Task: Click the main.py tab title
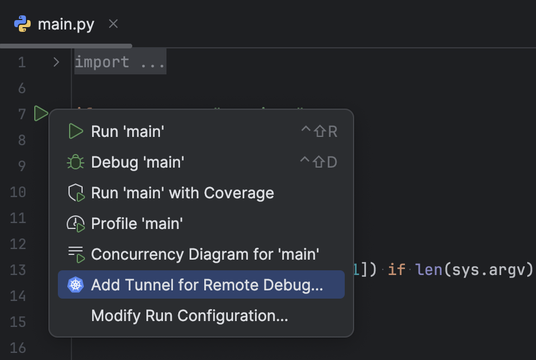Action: tap(66, 24)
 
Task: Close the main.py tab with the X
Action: tap(113, 24)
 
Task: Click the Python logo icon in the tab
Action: tap(22, 24)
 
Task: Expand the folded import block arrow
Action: tap(56, 62)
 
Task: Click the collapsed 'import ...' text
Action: tap(120, 62)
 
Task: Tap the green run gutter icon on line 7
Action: tap(41, 113)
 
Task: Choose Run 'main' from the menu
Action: tap(127, 132)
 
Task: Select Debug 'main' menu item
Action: tap(138, 162)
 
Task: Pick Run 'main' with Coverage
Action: tap(182, 193)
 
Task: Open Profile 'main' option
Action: tap(136, 224)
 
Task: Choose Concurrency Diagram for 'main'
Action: tap(205, 254)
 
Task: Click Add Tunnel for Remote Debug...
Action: tap(207, 285)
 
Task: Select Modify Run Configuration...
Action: tap(189, 316)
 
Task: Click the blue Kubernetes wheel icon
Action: tap(76, 285)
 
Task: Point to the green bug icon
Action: tap(76, 162)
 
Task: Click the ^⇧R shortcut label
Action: tap(319, 132)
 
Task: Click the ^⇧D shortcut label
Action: tap(319, 162)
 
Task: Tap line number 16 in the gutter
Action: tap(18, 348)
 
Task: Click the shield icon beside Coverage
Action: tap(76, 193)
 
